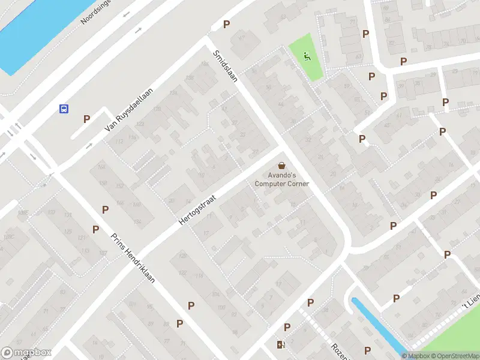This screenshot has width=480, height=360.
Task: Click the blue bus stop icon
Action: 63,109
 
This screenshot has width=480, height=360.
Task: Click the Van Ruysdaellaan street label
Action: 129,110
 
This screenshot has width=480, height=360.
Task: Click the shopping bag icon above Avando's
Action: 281,166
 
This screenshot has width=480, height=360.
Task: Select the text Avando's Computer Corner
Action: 281,179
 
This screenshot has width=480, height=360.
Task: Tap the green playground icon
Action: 307,58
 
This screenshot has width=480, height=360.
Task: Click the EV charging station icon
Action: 280,344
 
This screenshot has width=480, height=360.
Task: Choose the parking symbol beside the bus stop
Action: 87,119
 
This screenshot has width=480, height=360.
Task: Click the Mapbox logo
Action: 26,353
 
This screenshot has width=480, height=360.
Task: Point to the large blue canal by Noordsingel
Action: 36,30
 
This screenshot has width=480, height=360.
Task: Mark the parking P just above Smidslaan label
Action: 226,24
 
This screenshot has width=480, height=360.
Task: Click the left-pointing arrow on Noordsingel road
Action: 127,13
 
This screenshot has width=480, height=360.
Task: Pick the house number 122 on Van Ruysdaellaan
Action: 140,124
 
